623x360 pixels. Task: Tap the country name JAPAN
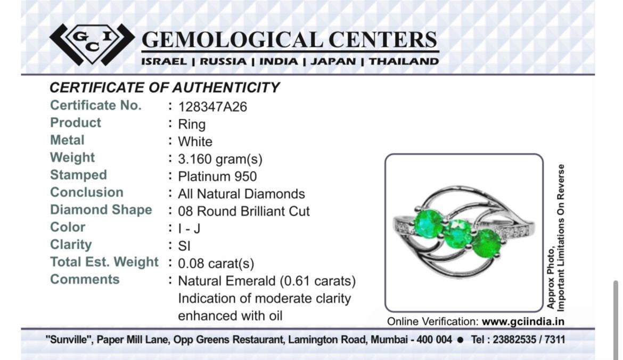(x=333, y=62)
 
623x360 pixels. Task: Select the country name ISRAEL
(x=163, y=62)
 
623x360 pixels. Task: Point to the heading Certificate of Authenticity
(x=165, y=87)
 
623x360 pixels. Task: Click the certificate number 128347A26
(x=212, y=107)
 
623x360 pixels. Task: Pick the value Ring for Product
(x=192, y=125)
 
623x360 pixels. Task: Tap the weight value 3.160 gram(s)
(x=220, y=159)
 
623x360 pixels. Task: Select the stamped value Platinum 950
(x=217, y=176)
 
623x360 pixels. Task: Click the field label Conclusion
(x=87, y=192)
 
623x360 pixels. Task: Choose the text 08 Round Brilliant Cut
(x=243, y=211)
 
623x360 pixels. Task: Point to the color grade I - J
(x=189, y=229)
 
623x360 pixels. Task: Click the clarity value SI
(x=184, y=247)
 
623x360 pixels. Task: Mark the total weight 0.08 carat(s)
(x=216, y=264)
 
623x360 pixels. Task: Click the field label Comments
(x=85, y=280)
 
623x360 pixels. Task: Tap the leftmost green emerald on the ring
(x=428, y=224)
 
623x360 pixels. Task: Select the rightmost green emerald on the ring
(x=487, y=243)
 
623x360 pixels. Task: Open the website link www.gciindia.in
(x=523, y=322)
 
